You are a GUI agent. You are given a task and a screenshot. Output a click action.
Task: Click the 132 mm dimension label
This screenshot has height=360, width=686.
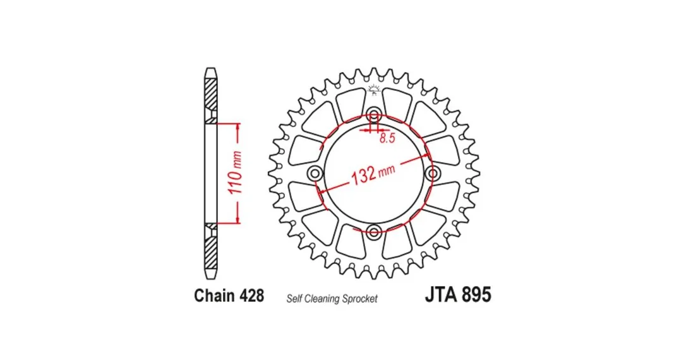(x=373, y=173)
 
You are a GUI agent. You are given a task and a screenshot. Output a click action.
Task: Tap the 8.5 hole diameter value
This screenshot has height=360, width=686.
(x=387, y=139)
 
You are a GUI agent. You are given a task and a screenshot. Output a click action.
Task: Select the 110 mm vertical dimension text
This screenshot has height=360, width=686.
(x=236, y=173)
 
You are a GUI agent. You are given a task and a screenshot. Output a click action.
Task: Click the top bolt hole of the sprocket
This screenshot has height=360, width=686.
(x=373, y=116)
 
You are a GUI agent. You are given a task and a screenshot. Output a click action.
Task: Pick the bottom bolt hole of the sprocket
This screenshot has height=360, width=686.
(x=373, y=232)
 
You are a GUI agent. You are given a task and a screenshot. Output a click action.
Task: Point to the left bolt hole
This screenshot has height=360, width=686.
(x=315, y=173)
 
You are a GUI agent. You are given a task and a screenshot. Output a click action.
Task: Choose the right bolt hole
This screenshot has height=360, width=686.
(x=433, y=173)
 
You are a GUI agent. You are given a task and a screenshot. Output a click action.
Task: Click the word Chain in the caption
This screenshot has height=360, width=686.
(x=214, y=296)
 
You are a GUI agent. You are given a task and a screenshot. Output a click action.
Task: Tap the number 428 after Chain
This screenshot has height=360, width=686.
(x=251, y=296)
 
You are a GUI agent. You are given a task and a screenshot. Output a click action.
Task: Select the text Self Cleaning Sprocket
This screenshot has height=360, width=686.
(x=332, y=299)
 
